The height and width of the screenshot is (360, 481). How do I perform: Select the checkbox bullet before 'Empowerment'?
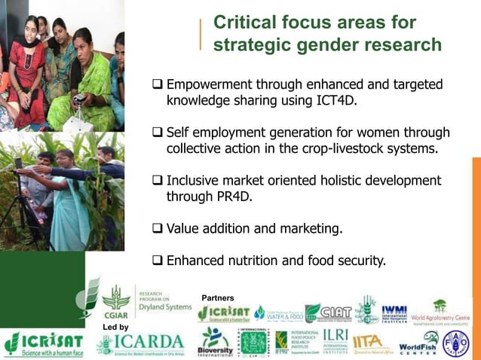pyautogui.click(x=158, y=85)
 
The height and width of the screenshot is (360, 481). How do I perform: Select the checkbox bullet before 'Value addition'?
pyautogui.click(x=158, y=229)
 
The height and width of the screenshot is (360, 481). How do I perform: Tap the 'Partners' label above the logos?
pyautogui.click(x=218, y=298)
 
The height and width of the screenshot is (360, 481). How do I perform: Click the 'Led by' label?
pyautogui.click(x=115, y=327)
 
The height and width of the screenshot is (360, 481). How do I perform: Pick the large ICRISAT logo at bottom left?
pyautogui.click(x=43, y=344)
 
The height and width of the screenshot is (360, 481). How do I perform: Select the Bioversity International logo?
pyautogui.click(x=214, y=343)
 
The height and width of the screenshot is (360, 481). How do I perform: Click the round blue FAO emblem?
pyautogui.click(x=455, y=343)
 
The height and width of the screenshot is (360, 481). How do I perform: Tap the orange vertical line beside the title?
pyautogui.click(x=201, y=35)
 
